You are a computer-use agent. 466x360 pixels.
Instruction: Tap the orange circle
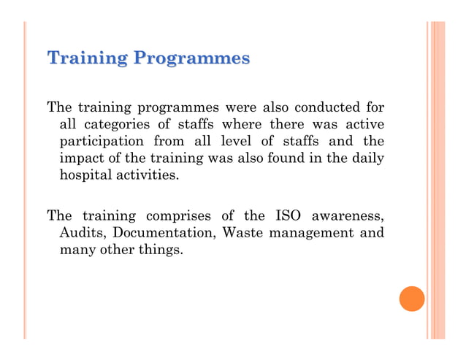coord(412,299)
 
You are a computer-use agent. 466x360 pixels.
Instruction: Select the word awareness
coord(348,216)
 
